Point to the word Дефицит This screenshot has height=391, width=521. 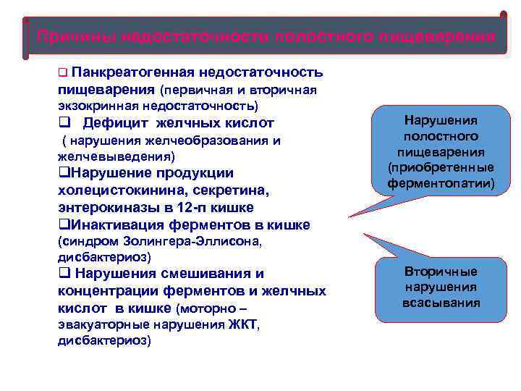[x=112, y=122]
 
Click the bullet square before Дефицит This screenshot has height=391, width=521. [x=62, y=122]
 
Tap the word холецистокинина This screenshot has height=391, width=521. [x=111, y=190]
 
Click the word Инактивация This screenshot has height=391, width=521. [x=124, y=224]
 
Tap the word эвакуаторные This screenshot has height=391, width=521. [x=97, y=324]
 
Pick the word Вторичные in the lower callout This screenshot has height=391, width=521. [x=440, y=272]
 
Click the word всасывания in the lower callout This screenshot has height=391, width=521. [x=440, y=302]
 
